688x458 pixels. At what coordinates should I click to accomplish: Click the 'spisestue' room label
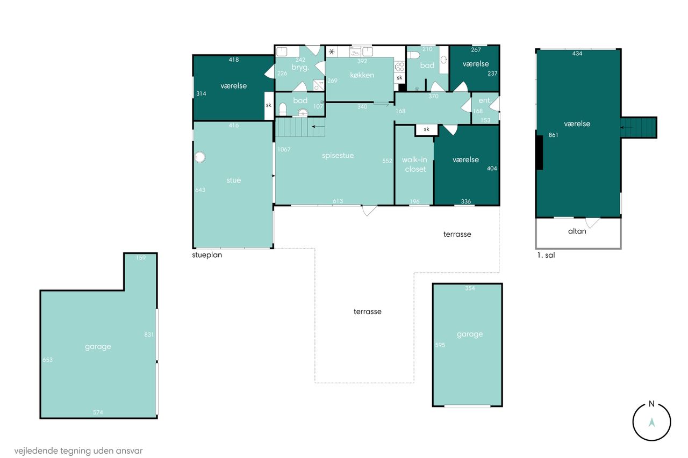click(338, 156)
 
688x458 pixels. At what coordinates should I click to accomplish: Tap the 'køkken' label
click(362, 75)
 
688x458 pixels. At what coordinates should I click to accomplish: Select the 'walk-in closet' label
click(414, 164)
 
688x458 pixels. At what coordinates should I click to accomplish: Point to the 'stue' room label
click(233, 180)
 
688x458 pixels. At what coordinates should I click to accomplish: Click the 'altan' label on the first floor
click(577, 231)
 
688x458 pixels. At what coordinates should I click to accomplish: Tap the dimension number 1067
click(283, 149)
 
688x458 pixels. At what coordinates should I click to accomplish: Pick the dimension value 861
click(553, 135)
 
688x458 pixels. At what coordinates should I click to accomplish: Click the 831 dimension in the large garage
click(149, 335)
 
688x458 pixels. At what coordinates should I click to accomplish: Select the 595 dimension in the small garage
click(440, 345)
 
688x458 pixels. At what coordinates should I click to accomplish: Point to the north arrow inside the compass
click(651, 423)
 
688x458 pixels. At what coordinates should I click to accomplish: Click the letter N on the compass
click(651, 404)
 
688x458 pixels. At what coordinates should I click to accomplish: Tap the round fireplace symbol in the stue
click(199, 157)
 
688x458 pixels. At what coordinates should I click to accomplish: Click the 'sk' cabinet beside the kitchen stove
click(399, 78)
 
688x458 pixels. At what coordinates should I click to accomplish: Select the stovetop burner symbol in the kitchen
click(399, 67)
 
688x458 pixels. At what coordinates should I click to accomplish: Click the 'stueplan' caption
click(207, 255)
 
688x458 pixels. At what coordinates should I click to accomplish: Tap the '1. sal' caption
click(546, 255)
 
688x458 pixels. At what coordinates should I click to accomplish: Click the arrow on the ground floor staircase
click(318, 126)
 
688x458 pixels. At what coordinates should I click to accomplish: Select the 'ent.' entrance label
click(484, 100)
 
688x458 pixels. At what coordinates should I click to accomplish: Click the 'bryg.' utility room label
click(300, 68)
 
